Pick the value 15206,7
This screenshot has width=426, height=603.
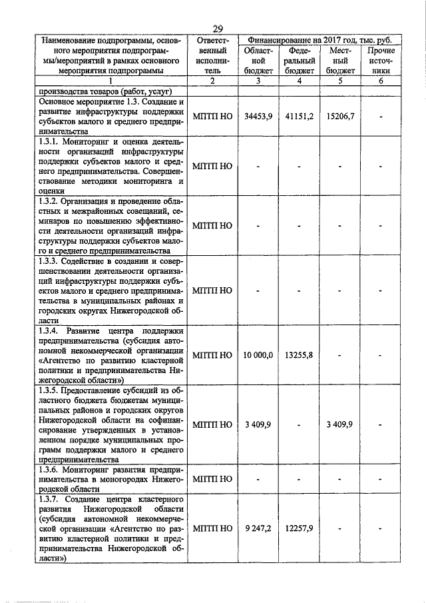point(340,115)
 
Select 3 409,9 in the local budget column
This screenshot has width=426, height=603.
point(340,424)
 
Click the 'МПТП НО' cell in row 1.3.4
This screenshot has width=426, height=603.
point(212,356)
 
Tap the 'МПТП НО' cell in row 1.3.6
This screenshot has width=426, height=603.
point(212,479)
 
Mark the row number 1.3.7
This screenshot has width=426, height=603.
point(51,499)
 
